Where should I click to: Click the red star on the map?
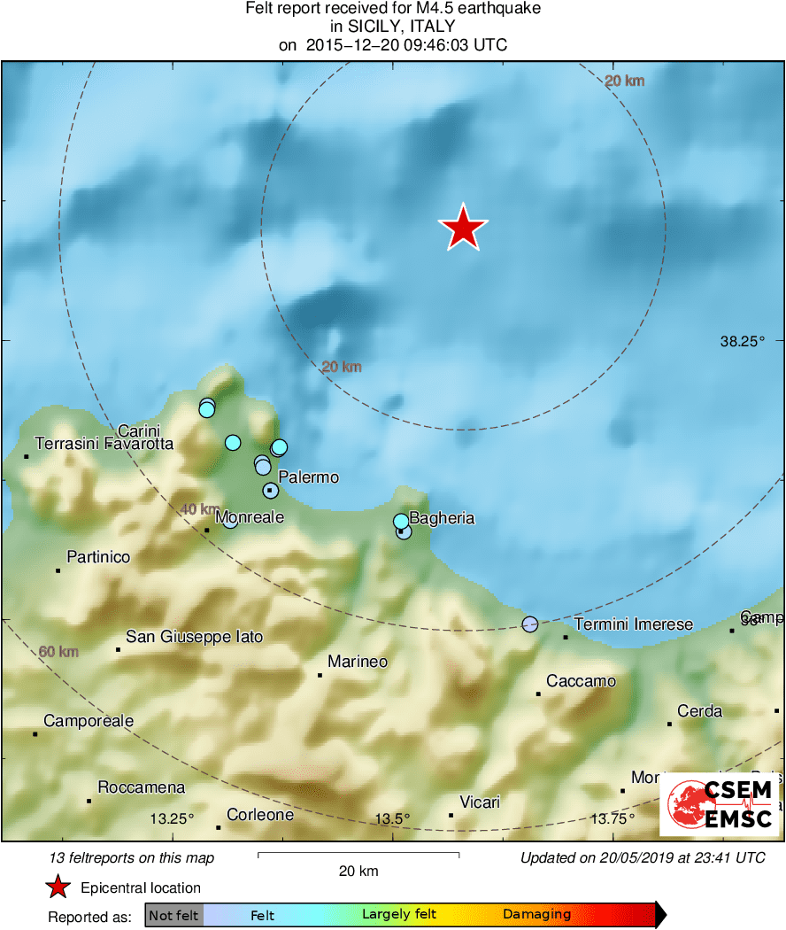(x=463, y=229)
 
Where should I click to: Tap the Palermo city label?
(x=308, y=477)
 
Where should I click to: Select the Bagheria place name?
(x=442, y=518)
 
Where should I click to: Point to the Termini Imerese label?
(x=633, y=624)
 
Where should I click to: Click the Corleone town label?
(x=260, y=815)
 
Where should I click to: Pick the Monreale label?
(x=250, y=517)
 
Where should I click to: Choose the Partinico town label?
(x=98, y=557)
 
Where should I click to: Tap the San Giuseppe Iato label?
(x=194, y=636)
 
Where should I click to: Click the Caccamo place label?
(x=581, y=681)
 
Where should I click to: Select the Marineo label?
(x=358, y=661)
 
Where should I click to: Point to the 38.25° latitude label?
(x=741, y=341)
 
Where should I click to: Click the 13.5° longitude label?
(x=391, y=818)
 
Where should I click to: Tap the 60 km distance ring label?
(x=58, y=652)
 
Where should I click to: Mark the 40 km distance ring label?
(x=200, y=509)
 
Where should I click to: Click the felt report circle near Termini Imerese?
(x=529, y=624)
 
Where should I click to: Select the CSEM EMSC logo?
(x=719, y=804)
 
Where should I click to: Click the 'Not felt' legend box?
(x=173, y=915)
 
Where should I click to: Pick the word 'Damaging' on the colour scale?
(x=536, y=915)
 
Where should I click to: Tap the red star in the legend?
(x=58, y=887)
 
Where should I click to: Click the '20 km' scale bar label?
(x=358, y=871)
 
